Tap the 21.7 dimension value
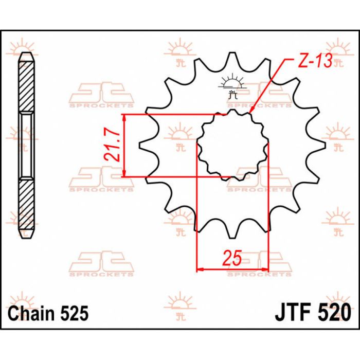click(114, 146)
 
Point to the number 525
click(74, 313)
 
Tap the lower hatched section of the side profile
click(26, 206)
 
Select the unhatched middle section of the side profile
click(26, 147)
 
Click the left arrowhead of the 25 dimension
click(200, 268)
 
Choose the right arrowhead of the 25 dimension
click(266, 268)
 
